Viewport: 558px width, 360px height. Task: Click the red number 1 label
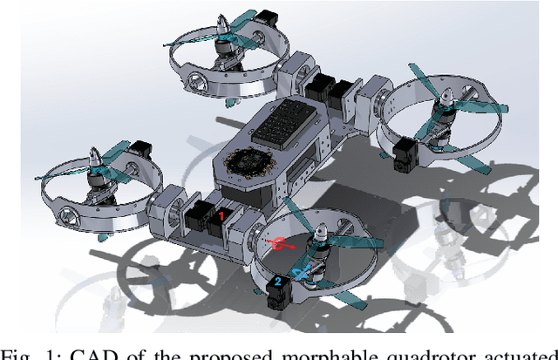click(x=221, y=214)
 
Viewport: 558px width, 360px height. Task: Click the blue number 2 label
click(x=276, y=282)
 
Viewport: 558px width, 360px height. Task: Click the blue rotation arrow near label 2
click(x=300, y=274)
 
